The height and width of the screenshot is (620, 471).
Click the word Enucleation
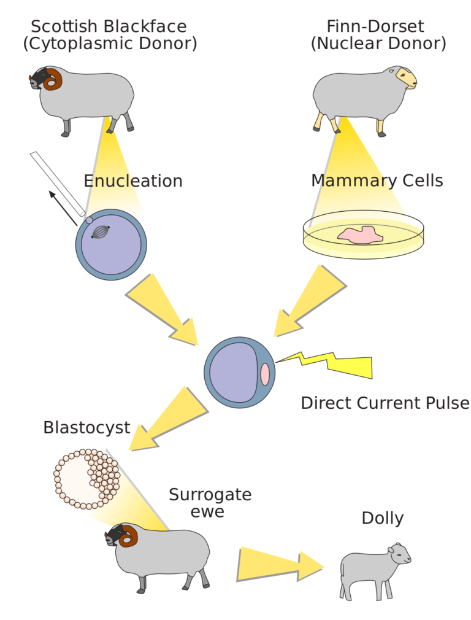click(x=133, y=182)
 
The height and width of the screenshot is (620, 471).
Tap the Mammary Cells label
click(x=377, y=181)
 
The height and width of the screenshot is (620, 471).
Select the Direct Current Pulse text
click(x=385, y=403)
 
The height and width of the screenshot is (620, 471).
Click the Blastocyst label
click(x=86, y=428)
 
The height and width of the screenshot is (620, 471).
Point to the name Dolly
click(x=382, y=518)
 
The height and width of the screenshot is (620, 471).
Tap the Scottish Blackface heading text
click(x=109, y=27)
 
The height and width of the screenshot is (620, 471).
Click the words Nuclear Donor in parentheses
click(x=378, y=44)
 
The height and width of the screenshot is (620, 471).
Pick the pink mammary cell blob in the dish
click(x=360, y=235)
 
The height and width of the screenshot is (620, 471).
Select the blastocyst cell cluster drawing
click(x=86, y=479)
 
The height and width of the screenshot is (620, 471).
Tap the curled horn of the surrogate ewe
click(x=128, y=537)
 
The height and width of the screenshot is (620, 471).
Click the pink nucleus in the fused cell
click(x=264, y=374)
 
